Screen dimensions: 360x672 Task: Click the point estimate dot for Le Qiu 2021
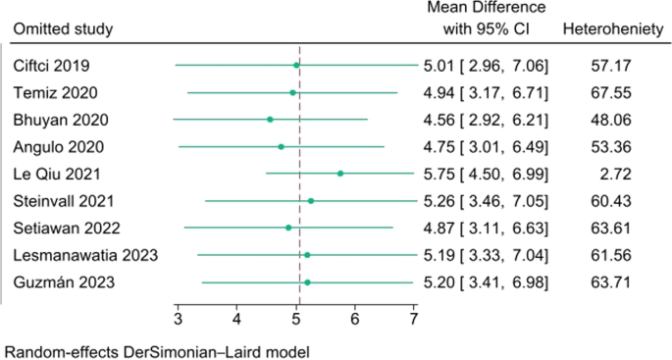pyautogui.click(x=340, y=174)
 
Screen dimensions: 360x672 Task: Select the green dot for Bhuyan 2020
pyautogui.click(x=270, y=120)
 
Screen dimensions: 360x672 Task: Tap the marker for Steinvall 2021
pyautogui.click(x=311, y=201)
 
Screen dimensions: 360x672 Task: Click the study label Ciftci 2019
pyautogui.click(x=51, y=66)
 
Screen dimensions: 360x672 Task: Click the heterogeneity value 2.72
pyautogui.click(x=608, y=174)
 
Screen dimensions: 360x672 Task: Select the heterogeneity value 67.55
pyautogui.click(x=608, y=93)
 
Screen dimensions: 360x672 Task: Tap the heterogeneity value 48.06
pyautogui.click(x=608, y=120)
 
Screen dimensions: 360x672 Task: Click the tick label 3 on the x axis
pyautogui.click(x=178, y=319)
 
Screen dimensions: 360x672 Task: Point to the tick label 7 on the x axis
pyautogui.click(x=414, y=319)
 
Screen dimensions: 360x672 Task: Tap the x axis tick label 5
pyautogui.click(x=296, y=319)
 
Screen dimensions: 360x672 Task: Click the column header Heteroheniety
pyautogui.click(x=608, y=28)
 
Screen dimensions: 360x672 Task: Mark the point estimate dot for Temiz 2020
pyautogui.click(x=292, y=93)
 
